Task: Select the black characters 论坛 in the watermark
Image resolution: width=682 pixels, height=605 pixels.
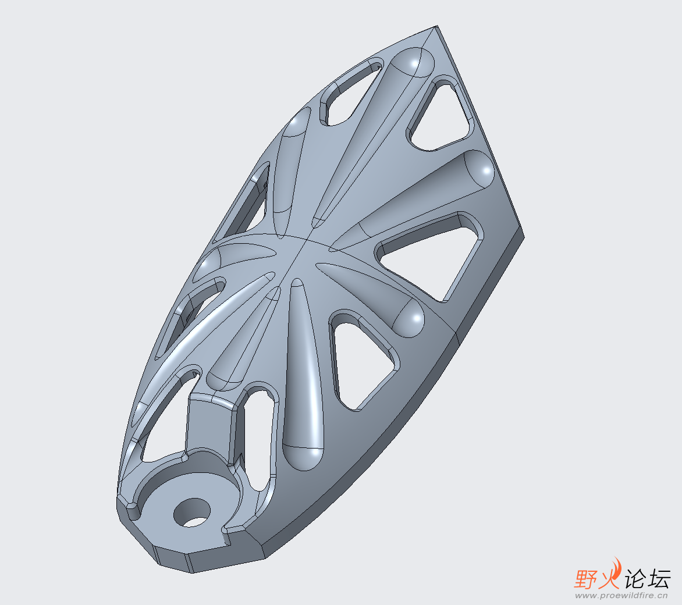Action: pos(647,578)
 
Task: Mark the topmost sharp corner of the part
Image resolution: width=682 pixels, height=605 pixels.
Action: pos(436,26)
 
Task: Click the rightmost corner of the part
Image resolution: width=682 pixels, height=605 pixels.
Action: pos(524,237)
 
